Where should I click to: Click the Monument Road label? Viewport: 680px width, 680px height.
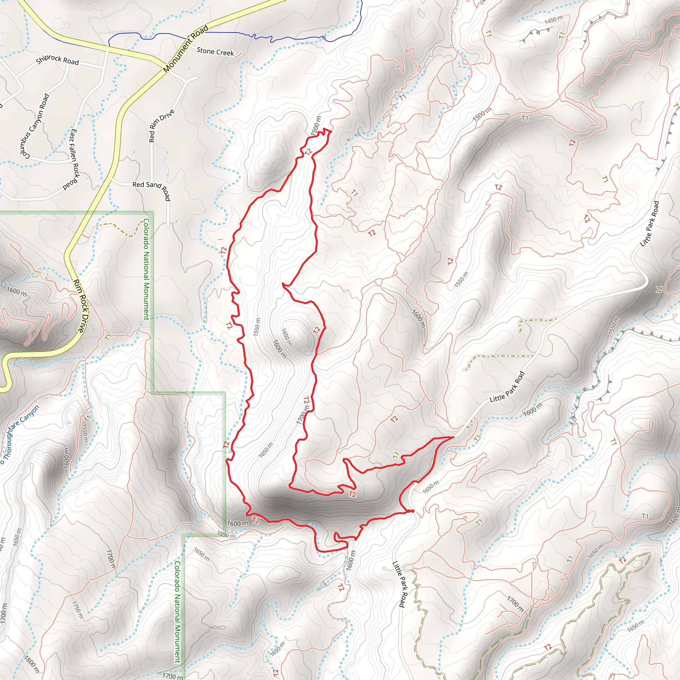pyautogui.click(x=186, y=49)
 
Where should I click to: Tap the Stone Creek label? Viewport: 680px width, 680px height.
pyautogui.click(x=215, y=52)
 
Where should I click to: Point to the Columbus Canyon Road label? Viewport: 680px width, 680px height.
pyautogui.click(x=34, y=126)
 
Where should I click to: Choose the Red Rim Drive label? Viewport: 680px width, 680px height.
pyautogui.click(x=161, y=126)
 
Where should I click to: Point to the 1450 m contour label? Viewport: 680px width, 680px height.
pyautogui.click(x=553, y=20)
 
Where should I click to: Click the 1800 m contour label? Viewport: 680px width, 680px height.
pyautogui.click(x=32, y=663)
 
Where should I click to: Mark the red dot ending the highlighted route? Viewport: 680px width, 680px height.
pyautogui.click(x=411, y=511)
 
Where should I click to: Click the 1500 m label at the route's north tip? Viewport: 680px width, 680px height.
pyautogui.click(x=316, y=126)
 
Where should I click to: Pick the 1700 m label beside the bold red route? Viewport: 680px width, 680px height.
pyautogui.click(x=302, y=415)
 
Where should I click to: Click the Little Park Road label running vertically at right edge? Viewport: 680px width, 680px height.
pyautogui.click(x=649, y=224)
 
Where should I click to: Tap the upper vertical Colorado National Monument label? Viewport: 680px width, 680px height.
pyautogui.click(x=146, y=269)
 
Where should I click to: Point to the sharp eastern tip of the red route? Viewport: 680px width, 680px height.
pyautogui.click(x=453, y=437)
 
